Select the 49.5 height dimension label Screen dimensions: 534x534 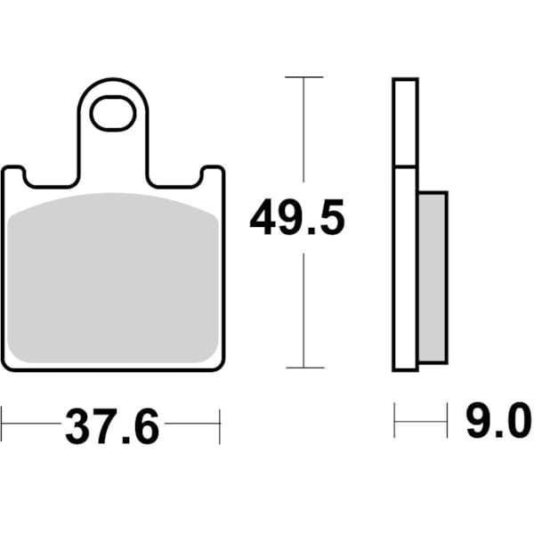tap(296, 219)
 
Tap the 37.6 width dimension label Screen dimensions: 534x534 tap(111, 428)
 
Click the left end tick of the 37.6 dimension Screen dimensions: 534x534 tap(3, 425)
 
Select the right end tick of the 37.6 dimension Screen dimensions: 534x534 tap(220, 425)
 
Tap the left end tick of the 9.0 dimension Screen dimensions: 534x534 tap(395, 421)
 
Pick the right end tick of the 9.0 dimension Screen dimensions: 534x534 tap(447, 421)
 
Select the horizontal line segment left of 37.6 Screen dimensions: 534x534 tap(31, 425)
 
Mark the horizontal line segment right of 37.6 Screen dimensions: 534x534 tap(191, 425)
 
